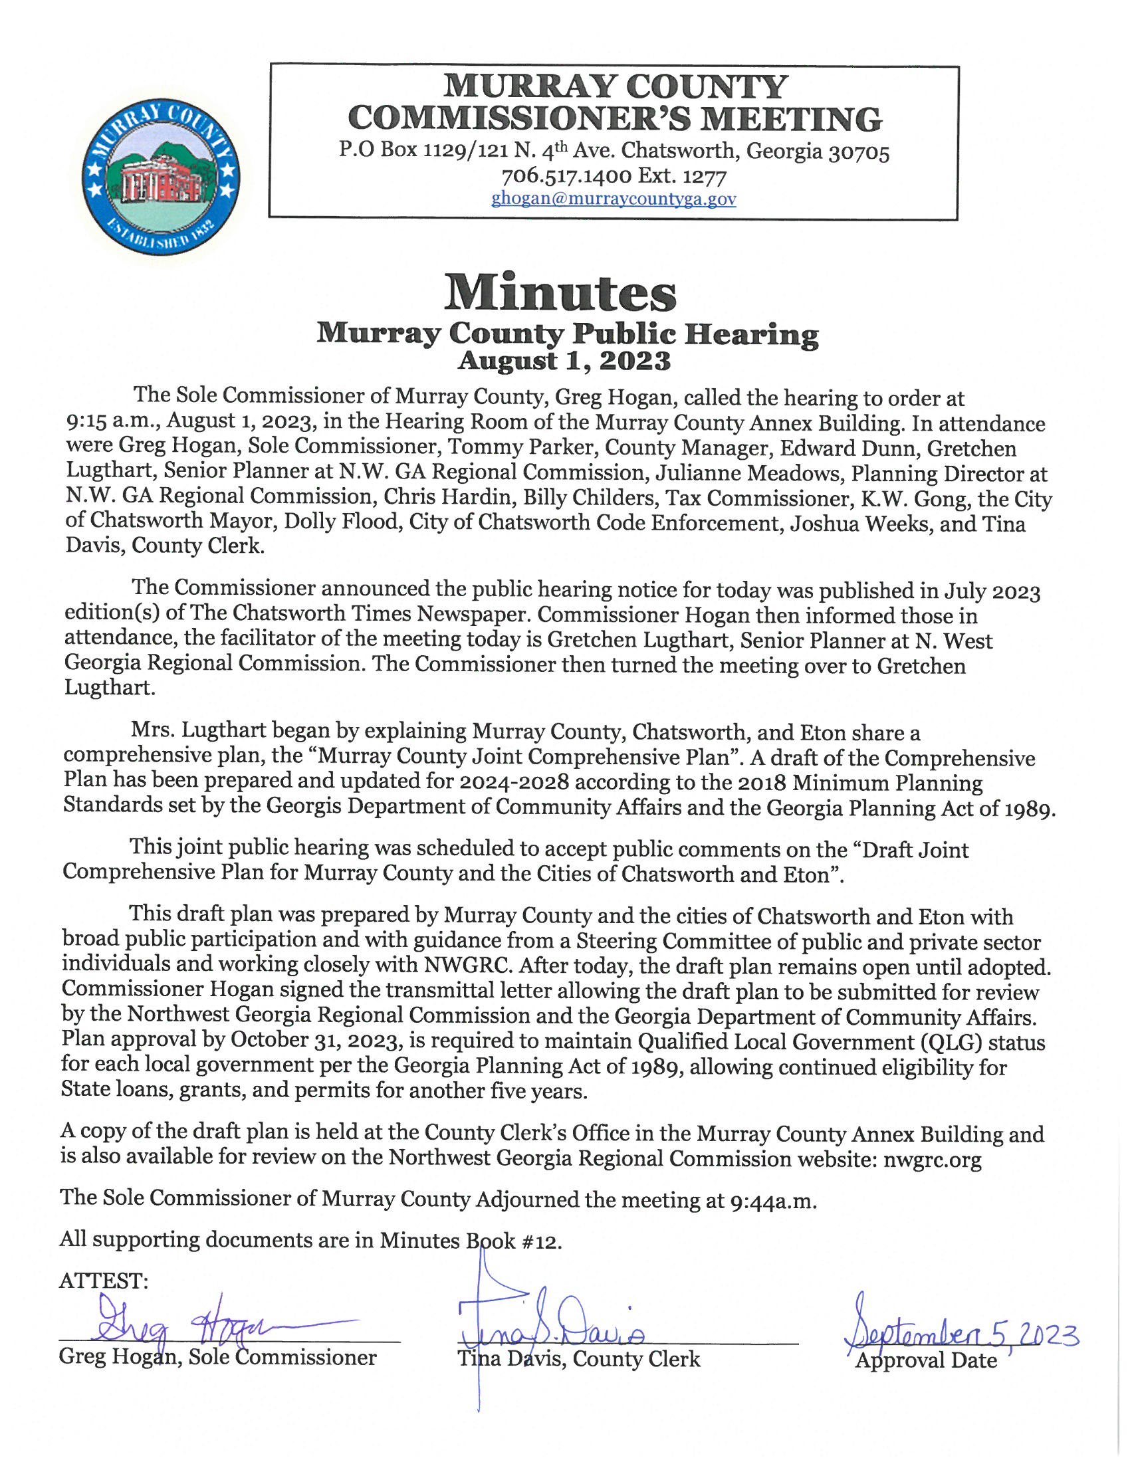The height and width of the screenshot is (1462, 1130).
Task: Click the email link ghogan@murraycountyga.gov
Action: coord(614,199)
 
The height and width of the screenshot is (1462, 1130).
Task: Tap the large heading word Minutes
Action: coord(560,292)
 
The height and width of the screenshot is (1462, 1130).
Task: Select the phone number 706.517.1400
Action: coord(566,176)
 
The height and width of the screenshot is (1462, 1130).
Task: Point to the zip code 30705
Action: coord(859,153)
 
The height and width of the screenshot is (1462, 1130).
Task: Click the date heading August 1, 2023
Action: coord(564,361)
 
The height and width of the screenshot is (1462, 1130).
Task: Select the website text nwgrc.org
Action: coord(932,1159)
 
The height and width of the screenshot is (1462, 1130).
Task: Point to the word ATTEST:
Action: coord(104,1281)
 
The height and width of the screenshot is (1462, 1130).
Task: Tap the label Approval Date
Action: coord(926,1360)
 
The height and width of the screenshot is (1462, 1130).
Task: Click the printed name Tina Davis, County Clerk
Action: coord(578,1359)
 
